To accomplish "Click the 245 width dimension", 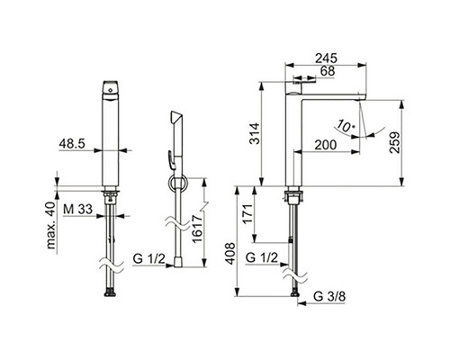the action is click(x=326, y=58).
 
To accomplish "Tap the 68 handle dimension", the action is click(x=328, y=71).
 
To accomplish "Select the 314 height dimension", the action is click(x=255, y=133).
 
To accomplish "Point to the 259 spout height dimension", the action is click(x=394, y=143).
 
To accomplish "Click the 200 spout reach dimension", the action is click(x=326, y=145).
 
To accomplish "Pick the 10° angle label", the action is click(x=345, y=126).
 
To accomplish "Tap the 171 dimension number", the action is click(x=247, y=214).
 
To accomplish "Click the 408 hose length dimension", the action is click(x=230, y=254).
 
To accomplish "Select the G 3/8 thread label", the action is click(x=329, y=297).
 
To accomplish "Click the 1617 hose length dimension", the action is click(x=197, y=229).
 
